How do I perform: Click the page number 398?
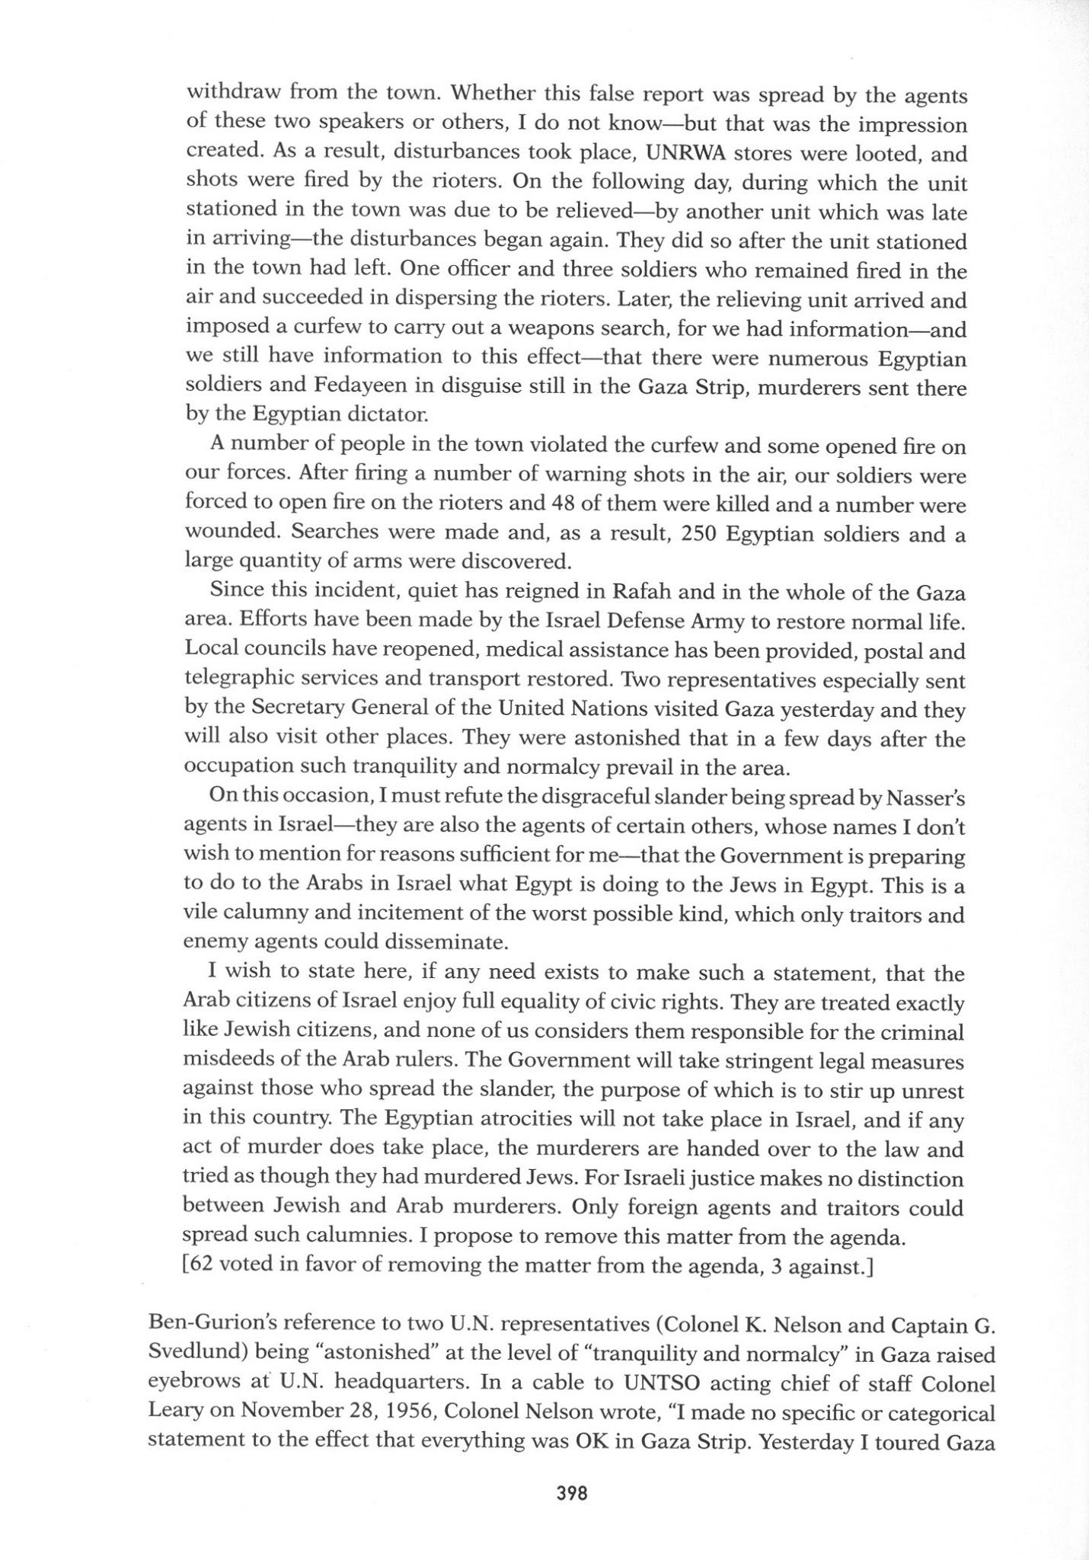coord(571,1494)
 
